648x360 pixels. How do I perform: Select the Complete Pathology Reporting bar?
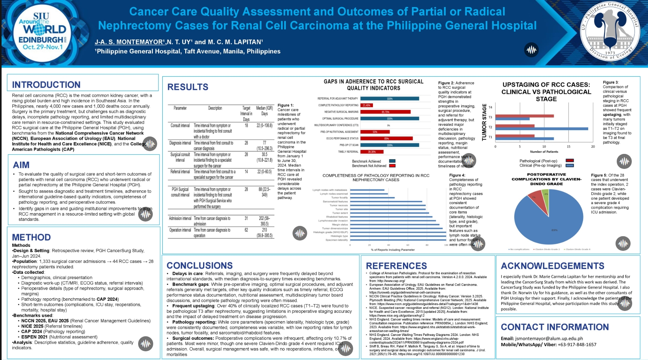point(366,105)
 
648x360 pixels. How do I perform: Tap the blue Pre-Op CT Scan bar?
point(390,145)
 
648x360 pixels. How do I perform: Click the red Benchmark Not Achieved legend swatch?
point(392,166)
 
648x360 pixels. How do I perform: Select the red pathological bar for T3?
point(524,116)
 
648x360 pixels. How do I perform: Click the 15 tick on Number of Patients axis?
point(568,147)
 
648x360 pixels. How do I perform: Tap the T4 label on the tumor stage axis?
point(490,107)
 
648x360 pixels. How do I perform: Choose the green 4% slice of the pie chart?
point(545,195)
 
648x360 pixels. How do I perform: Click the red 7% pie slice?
point(535,198)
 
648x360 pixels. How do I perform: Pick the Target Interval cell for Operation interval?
point(246,230)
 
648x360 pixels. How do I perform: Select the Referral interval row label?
point(180,172)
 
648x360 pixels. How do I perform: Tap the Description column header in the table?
point(215,108)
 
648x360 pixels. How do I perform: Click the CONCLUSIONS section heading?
point(200,265)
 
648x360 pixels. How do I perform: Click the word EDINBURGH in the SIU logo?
point(41,40)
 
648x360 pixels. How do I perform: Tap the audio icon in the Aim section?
point(146,214)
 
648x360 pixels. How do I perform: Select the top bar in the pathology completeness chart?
point(367,190)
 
